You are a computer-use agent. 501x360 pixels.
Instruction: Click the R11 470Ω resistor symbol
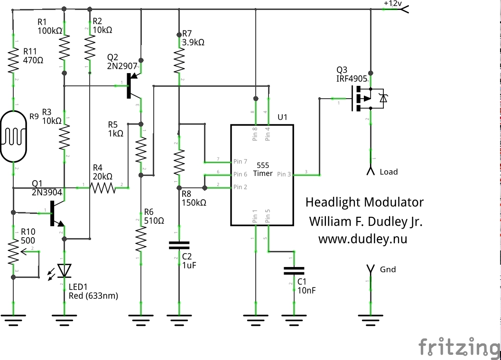coord(13,60)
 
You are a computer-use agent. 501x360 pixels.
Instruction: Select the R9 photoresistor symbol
coord(13,136)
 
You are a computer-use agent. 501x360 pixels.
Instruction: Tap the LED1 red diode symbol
coord(65,271)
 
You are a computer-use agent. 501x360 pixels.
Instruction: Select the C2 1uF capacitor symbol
coord(179,245)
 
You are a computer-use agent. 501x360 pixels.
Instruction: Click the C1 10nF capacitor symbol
coord(294,270)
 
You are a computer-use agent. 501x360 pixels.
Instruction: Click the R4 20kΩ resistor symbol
coord(103,188)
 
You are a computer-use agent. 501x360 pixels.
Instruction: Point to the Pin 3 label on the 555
coord(284,175)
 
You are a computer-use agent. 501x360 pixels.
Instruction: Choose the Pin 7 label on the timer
coord(240,162)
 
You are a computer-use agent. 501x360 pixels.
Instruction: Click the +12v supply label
coord(392,3)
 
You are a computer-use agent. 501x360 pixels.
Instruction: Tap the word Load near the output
coord(389,172)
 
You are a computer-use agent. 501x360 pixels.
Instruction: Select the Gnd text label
coord(388,269)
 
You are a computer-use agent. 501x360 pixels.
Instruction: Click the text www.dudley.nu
coord(362,239)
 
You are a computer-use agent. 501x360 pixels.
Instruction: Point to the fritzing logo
coord(458,347)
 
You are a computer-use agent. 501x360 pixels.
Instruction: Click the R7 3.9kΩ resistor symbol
coord(179,60)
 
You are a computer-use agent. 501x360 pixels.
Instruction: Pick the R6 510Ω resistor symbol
coord(140,240)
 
